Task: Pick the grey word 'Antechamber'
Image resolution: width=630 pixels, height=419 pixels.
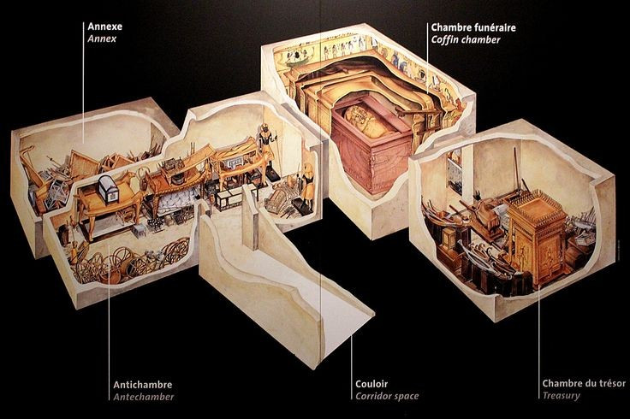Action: (x=143, y=397)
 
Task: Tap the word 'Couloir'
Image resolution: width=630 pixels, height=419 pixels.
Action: (x=374, y=384)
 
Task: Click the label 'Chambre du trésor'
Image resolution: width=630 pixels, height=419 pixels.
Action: (x=584, y=384)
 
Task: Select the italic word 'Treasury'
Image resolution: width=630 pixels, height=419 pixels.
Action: (x=561, y=397)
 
